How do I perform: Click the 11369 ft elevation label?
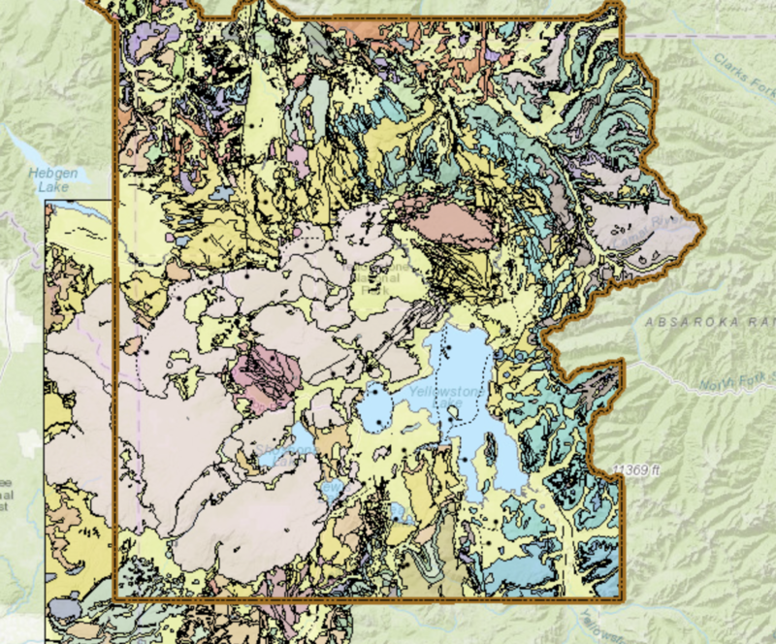pyautogui.click(x=635, y=470)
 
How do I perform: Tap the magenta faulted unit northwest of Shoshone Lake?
pyautogui.click(x=263, y=372)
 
